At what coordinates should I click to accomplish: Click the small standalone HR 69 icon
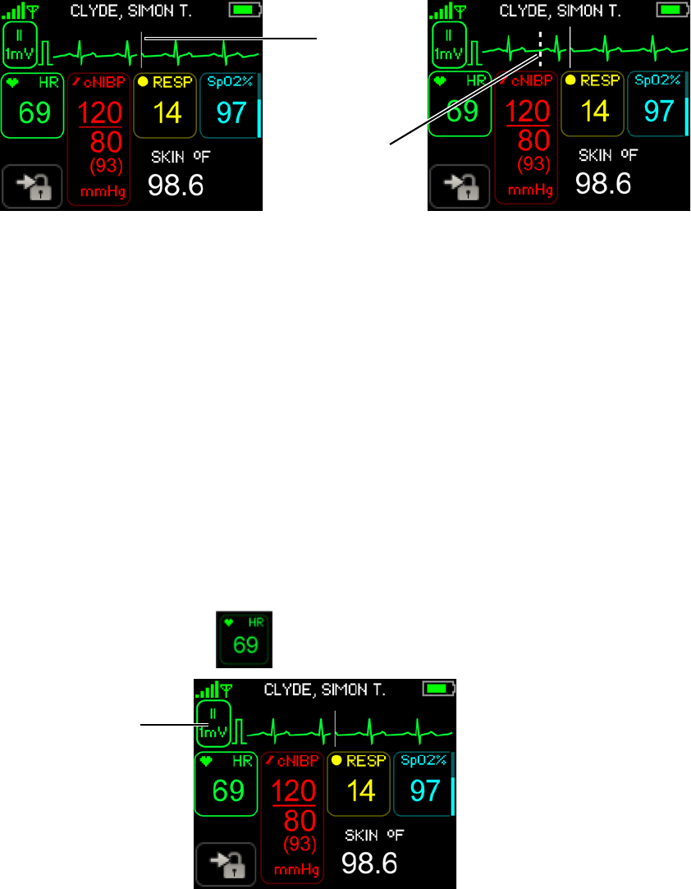tap(244, 638)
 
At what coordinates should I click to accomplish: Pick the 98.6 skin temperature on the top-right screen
tap(603, 183)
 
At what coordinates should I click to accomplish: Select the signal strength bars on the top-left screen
tap(15, 11)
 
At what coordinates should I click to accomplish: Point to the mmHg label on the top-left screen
tap(98, 193)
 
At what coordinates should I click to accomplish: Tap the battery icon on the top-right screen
tap(673, 11)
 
